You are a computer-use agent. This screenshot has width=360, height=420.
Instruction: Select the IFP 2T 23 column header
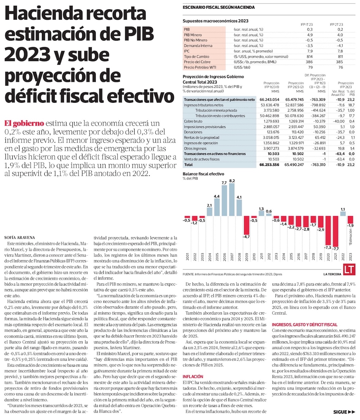pos(336,24)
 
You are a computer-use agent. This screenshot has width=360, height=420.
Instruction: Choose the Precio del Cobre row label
pos(197,62)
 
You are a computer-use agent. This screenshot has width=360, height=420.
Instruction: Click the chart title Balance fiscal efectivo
pos(203,174)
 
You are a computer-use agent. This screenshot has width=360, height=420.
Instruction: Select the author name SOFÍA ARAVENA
pos(20,238)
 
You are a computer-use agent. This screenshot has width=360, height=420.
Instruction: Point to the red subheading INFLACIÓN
pos(193,376)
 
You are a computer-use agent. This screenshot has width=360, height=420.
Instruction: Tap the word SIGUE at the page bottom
pos(341,412)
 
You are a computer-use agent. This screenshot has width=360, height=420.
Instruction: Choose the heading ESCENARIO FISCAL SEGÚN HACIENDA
pos(219,7)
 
